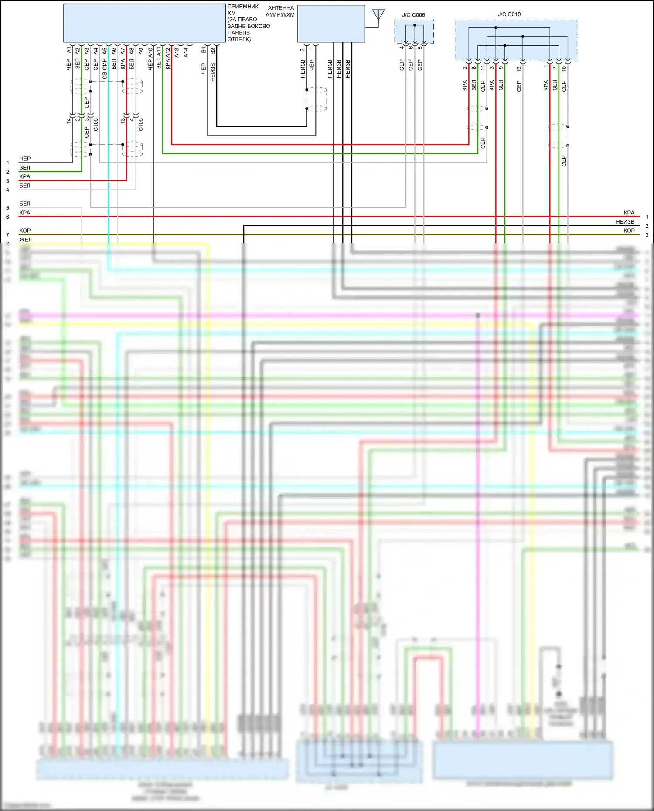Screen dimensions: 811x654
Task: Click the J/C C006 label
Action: pos(413,15)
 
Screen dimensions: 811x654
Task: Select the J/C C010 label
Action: pos(509,14)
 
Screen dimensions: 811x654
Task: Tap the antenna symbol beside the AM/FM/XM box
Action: pos(378,15)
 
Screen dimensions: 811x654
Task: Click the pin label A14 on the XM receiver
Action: pos(186,52)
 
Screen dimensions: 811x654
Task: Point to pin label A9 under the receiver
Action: pos(141,51)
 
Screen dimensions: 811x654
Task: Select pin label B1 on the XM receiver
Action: pos(204,50)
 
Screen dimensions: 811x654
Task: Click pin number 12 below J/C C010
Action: pos(519,68)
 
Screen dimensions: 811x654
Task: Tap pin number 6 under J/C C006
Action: pos(411,47)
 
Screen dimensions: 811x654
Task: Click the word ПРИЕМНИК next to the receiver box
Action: pos(243,7)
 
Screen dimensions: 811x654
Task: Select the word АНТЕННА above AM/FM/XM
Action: pos(281,8)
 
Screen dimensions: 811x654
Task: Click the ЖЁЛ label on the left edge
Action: pos(25,239)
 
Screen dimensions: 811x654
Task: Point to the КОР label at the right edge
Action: pos(629,231)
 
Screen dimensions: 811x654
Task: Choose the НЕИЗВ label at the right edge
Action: pos(625,222)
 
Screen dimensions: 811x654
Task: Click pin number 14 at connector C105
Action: pos(69,120)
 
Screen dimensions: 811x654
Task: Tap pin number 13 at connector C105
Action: pos(123,120)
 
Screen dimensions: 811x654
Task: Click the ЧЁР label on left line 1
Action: pos(25,159)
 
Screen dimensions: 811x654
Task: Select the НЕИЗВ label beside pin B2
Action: pos(213,72)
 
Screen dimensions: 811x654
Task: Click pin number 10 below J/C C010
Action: pos(564,68)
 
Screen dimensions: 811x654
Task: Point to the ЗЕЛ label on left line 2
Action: pos(24,168)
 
